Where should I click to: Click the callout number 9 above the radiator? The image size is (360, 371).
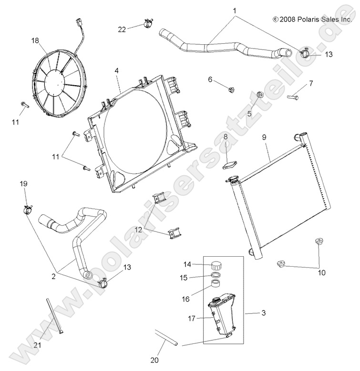(265, 137)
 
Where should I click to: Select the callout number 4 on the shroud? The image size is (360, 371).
(116, 70)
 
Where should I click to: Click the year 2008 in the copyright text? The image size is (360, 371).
(288, 20)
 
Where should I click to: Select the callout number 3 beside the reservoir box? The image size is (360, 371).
(263, 313)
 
